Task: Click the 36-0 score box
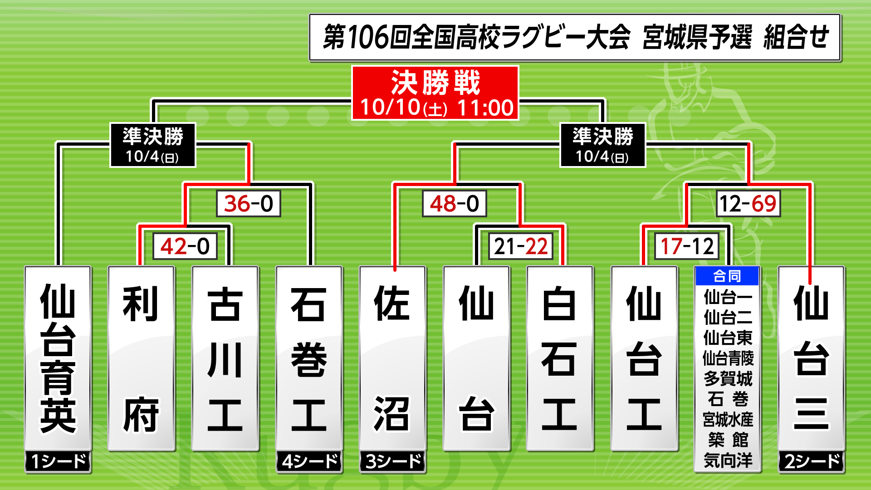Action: coord(249,203)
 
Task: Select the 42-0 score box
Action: coord(185,246)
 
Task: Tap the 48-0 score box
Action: coord(454,203)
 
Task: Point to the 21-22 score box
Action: coord(521,246)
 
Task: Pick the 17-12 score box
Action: coord(687,246)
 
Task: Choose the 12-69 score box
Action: coord(748,203)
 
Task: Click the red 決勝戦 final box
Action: coord(435,93)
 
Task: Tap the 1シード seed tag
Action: coord(58,461)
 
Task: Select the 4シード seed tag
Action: coord(309,461)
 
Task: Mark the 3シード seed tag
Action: coord(393,461)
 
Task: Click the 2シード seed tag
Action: coord(812,461)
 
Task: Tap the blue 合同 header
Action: coord(727,276)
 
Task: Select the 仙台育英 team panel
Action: coord(58,358)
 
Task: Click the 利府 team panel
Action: coord(141,358)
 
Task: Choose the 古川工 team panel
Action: coord(225,358)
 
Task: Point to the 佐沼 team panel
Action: coord(393,358)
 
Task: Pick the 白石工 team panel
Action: coord(560,358)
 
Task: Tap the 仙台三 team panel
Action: coord(812,358)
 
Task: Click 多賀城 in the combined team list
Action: coord(728,378)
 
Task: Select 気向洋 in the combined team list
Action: coord(728,460)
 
